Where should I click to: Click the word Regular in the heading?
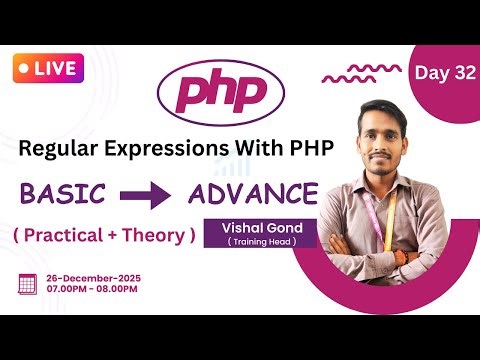(x=60, y=147)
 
